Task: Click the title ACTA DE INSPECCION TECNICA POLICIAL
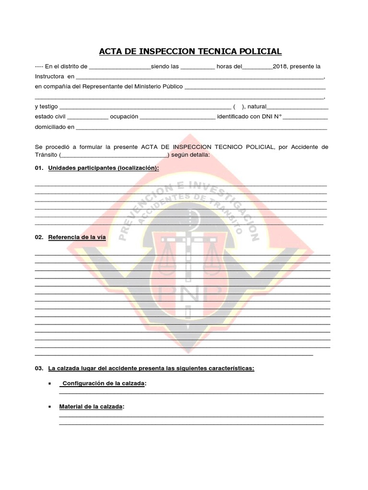[x=190, y=51]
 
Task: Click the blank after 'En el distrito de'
[x=120, y=67]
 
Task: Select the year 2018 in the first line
[x=280, y=66]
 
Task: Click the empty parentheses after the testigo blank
[x=239, y=107]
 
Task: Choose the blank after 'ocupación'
[x=178, y=117]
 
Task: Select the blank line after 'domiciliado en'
[x=201, y=127]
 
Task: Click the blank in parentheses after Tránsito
[x=114, y=155]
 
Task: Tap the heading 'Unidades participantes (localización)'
[x=103, y=168]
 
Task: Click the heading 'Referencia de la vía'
[x=77, y=237]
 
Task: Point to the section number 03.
[x=39, y=368]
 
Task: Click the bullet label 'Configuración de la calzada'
[x=104, y=384]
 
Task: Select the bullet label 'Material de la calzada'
[x=91, y=407]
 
